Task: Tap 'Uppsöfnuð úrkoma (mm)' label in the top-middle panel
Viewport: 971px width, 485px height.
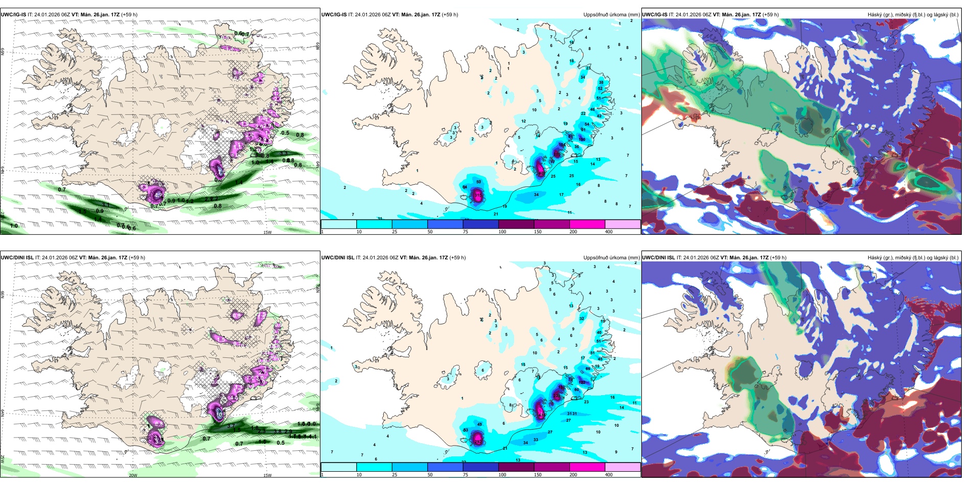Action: pyautogui.click(x=611, y=15)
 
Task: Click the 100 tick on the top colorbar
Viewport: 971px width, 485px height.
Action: pyautogui.click(x=502, y=232)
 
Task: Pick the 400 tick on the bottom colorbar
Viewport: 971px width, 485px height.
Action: pyautogui.click(x=609, y=475)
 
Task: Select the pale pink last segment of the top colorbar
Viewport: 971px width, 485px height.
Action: pyautogui.click(x=622, y=224)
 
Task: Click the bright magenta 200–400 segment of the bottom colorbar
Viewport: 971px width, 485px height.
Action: pyautogui.click(x=587, y=467)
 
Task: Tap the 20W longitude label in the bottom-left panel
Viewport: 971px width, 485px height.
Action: pyautogui.click(x=133, y=475)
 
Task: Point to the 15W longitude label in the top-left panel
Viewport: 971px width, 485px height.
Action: pyautogui.click(x=267, y=232)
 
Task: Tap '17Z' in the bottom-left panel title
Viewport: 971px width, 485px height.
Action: pyautogui.click(x=121, y=258)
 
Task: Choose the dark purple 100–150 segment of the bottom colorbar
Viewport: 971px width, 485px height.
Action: pyautogui.click(x=516, y=467)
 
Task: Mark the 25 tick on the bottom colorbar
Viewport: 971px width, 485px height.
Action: pyautogui.click(x=395, y=475)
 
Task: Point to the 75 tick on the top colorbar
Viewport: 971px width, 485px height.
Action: pyautogui.click(x=466, y=232)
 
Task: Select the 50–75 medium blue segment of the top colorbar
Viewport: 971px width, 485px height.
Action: pyautogui.click(x=445, y=224)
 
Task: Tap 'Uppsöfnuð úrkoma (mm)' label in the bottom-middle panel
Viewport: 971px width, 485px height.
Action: pyautogui.click(x=611, y=258)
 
